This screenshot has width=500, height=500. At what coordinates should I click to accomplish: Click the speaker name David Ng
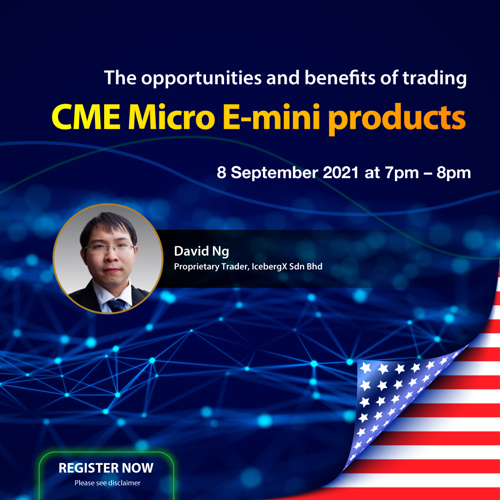click(201, 252)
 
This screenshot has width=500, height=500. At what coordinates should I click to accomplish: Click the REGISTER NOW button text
click(106, 468)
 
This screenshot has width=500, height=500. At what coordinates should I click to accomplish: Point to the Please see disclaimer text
click(107, 483)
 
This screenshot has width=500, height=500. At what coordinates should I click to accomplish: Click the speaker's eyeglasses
click(111, 248)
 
